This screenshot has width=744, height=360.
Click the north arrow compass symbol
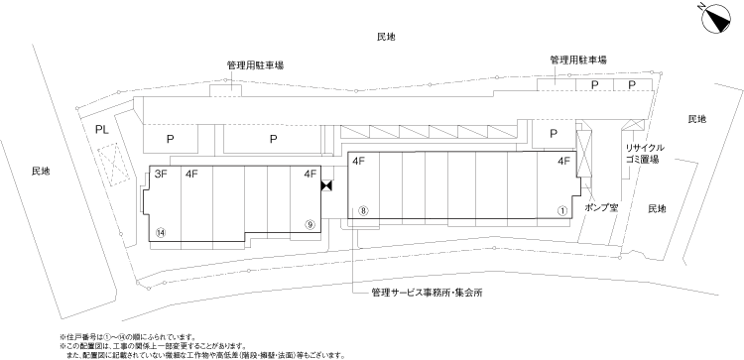coord(710,16)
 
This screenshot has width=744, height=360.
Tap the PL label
coord(101,130)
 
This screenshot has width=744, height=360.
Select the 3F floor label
coord(161,175)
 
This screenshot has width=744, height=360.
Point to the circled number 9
coord(310,224)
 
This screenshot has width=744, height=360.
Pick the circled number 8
coord(364,211)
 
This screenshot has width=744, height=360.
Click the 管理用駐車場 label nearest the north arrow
coord(578,60)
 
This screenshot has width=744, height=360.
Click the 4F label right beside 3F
coord(192,175)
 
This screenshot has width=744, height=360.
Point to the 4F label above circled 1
coord(562,161)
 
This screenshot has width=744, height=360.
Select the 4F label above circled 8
coord(359,161)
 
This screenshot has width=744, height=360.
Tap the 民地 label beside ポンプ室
coord(658,209)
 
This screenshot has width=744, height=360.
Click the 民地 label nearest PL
coord(40,172)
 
